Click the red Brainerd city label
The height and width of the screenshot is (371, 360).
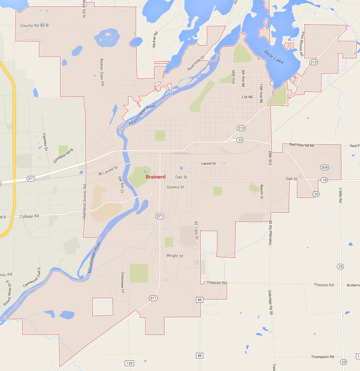[156, 177]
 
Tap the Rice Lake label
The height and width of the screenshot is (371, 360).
[274, 57]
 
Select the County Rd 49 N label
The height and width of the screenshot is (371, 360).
[34, 25]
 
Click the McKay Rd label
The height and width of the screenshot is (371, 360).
[154, 40]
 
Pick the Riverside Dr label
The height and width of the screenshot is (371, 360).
[196, 63]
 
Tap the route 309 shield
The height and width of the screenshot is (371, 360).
[324, 167]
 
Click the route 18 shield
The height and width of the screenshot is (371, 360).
[324, 180]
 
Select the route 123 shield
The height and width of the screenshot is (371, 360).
[129, 363]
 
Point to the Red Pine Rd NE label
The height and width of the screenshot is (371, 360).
[302, 145]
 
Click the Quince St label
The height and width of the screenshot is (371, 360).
[175, 187]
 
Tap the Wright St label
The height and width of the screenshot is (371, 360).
[175, 256]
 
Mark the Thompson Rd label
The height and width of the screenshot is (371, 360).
[322, 357]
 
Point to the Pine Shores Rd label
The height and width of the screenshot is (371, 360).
[302, 42]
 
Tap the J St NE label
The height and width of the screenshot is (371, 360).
[247, 97]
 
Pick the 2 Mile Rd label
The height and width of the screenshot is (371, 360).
[340, 195]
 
